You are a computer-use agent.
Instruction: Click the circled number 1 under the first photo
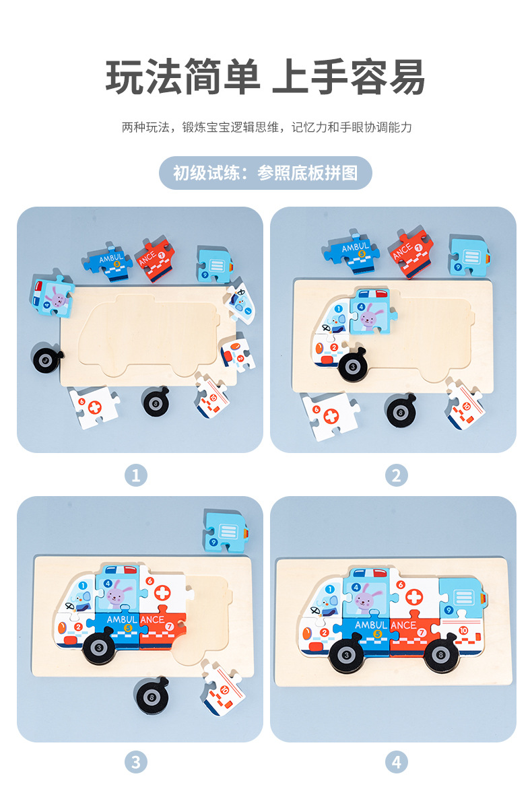(135, 476)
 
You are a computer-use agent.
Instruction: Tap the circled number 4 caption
(396, 762)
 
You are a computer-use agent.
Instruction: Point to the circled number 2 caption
(396, 476)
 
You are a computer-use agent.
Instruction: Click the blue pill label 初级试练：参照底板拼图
(265, 173)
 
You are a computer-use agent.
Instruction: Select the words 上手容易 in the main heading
(349, 77)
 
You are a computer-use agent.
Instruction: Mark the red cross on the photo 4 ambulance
(415, 597)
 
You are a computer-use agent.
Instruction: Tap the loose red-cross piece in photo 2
(329, 416)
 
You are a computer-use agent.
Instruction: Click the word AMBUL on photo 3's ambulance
(122, 619)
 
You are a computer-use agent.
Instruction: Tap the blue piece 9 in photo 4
(461, 600)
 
